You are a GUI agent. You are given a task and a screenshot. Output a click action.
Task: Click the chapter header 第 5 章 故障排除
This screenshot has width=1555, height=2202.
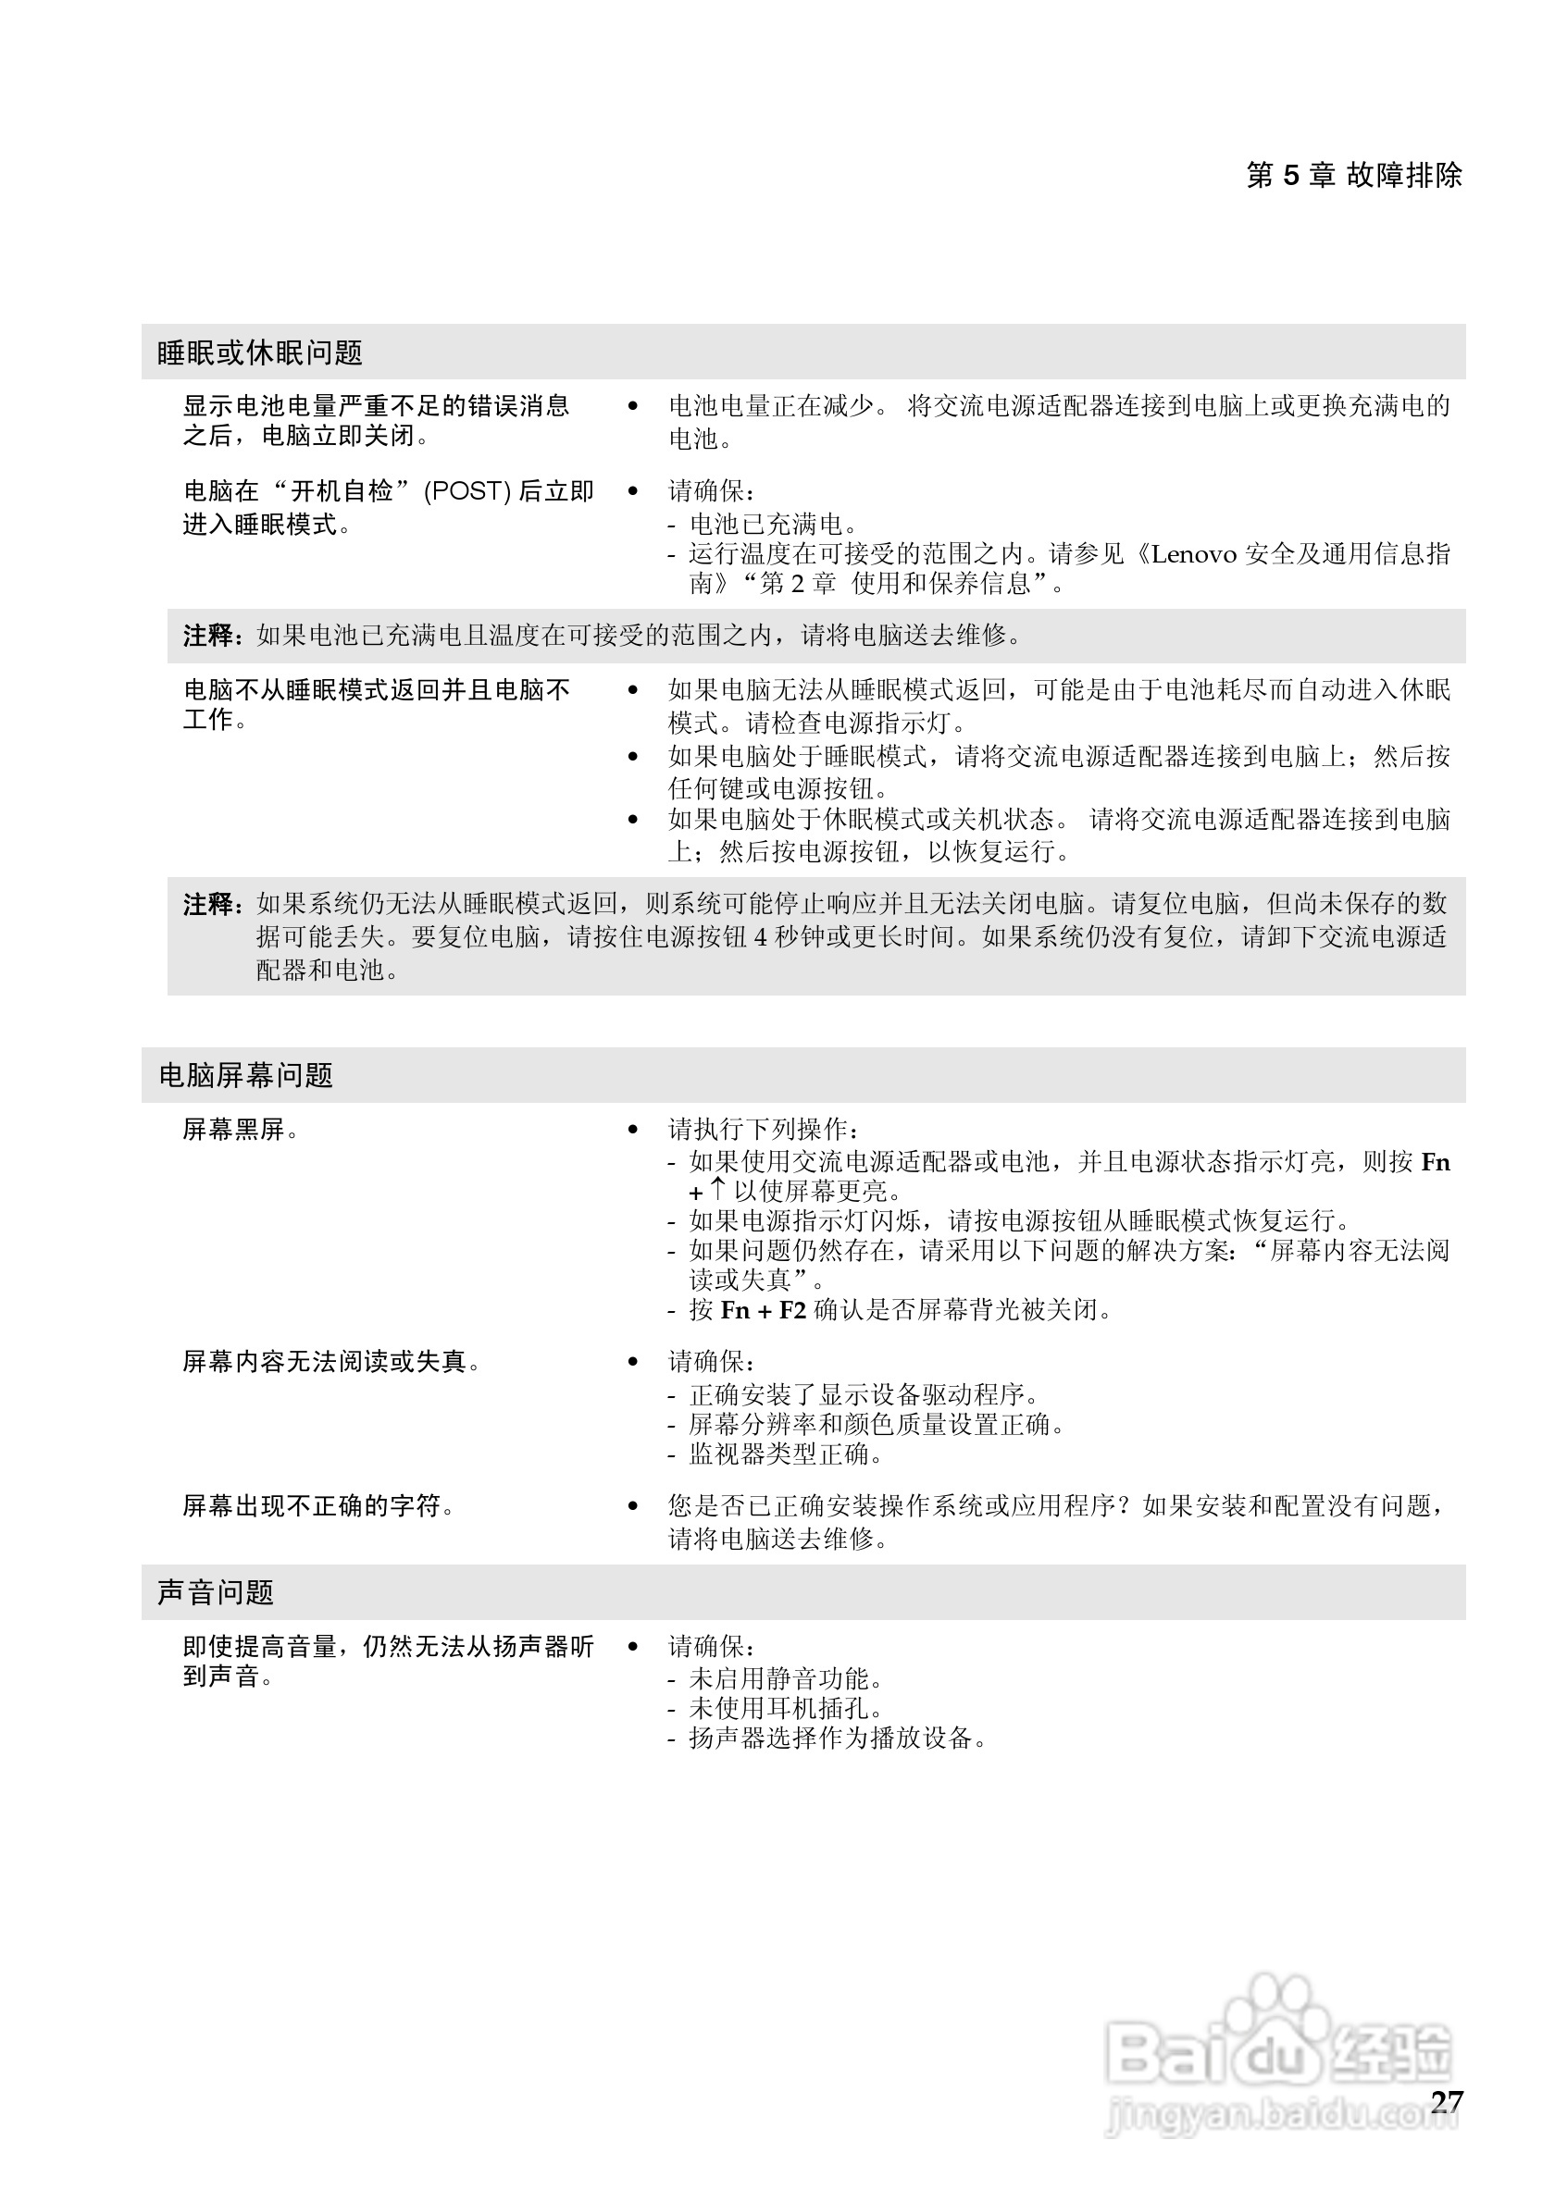click(1353, 176)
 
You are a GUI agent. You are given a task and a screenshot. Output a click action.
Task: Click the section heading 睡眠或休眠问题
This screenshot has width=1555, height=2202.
click(260, 353)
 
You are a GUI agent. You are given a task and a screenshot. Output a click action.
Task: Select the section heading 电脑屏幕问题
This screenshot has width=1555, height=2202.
click(245, 1075)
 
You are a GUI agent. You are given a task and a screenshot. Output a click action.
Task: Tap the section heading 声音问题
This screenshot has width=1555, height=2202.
click(216, 1592)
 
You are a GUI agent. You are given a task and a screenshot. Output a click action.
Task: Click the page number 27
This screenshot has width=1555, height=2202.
click(1447, 2101)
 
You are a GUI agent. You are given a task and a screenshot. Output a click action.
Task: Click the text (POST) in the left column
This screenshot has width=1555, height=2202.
click(467, 491)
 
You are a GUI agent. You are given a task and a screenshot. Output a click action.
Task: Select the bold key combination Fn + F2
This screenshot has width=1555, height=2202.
click(763, 1310)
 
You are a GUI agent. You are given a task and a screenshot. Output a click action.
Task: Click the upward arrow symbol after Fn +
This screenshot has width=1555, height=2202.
click(716, 1190)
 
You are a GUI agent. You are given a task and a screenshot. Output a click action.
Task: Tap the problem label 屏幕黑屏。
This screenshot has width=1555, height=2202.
click(241, 1130)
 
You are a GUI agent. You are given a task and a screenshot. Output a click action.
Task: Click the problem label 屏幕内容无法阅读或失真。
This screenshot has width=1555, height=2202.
click(331, 1362)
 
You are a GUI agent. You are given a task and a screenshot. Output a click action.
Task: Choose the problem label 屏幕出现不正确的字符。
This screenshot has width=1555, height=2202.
click(318, 1505)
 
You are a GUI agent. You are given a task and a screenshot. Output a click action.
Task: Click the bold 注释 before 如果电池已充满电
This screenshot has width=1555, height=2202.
click(209, 635)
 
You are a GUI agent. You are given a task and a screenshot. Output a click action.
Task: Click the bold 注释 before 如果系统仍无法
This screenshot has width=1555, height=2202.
click(209, 903)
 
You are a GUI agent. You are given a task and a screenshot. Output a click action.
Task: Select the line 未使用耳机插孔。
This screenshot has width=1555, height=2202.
click(786, 1708)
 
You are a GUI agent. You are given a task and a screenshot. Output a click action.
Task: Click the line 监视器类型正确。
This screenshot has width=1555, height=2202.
click(786, 1454)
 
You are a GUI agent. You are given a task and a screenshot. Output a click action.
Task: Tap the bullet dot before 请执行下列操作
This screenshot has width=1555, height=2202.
click(632, 1130)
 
